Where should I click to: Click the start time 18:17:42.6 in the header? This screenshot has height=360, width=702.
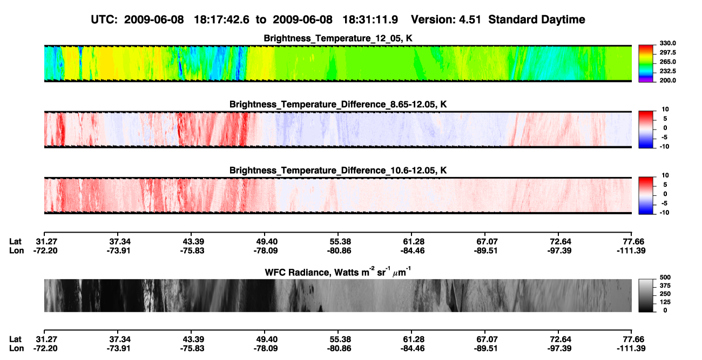(221, 19)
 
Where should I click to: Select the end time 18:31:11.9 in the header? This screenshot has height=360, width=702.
(370, 19)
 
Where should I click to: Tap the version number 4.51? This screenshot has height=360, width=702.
(470, 19)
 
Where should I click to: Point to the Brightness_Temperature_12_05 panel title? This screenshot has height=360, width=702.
(338, 38)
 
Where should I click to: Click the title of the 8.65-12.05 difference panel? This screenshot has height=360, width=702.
(338, 104)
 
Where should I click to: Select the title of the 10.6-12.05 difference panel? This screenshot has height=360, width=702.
(338, 171)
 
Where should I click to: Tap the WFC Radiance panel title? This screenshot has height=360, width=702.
(338, 272)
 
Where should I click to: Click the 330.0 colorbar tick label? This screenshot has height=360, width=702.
(667, 43)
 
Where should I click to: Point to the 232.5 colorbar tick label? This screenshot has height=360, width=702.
(667, 71)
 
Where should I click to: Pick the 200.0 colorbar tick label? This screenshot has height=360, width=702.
(667, 80)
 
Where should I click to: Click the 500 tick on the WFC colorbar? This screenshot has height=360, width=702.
(665, 277)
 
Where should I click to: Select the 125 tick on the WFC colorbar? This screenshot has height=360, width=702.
(665, 302)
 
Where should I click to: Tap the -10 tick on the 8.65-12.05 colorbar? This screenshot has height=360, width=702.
(664, 147)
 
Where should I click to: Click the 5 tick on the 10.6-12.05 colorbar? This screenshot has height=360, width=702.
(665, 185)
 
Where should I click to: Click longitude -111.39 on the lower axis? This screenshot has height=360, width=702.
(631, 349)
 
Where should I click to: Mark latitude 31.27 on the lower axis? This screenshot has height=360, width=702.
(46, 339)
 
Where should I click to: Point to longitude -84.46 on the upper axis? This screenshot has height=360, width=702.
(413, 250)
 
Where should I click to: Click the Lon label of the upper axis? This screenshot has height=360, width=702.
(16, 250)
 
